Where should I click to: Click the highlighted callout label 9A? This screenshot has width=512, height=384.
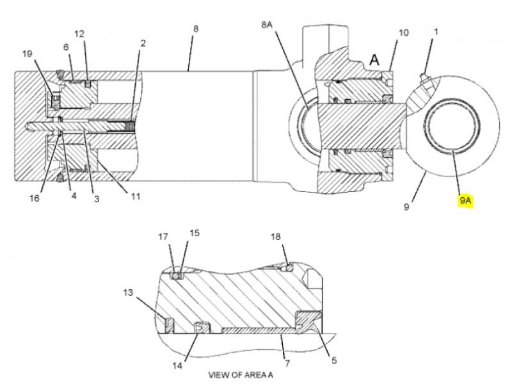coord(466,200)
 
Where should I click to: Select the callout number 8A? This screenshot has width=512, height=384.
coord(267,24)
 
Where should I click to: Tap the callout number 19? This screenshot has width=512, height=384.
coord(27,53)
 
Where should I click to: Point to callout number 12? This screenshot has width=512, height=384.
coord(79,34)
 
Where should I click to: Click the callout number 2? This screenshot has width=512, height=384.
coord(143,43)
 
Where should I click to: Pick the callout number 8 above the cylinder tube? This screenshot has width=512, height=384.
coord(196,28)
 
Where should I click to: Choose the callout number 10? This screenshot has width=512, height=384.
coord(404,33)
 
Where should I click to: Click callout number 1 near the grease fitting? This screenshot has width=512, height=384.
coord(436,31)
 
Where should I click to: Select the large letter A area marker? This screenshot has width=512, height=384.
coord(374,60)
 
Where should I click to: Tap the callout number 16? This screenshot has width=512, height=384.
coord(35,198)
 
